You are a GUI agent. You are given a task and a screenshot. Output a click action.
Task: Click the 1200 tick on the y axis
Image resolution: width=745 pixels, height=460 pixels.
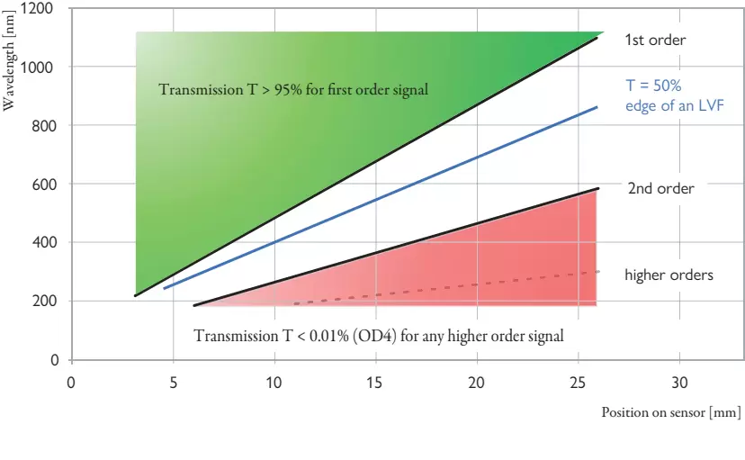tap(39, 9)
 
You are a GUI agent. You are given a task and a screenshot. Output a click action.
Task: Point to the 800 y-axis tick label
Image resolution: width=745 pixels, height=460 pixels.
tap(43, 126)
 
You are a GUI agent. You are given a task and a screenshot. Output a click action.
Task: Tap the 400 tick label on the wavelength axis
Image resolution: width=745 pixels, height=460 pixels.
tap(43, 243)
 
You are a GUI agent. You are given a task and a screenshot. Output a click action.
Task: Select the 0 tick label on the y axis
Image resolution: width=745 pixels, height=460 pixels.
tap(54, 360)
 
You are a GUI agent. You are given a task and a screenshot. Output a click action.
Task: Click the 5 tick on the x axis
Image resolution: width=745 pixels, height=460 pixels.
tap(173, 383)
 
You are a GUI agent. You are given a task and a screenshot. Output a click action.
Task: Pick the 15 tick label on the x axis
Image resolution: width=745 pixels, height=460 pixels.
tap(375, 383)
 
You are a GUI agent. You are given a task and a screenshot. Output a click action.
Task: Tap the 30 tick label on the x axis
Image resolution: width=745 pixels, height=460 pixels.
tap(680, 383)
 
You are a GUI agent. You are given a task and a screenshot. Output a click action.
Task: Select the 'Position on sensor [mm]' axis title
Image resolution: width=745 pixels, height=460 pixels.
tap(671, 412)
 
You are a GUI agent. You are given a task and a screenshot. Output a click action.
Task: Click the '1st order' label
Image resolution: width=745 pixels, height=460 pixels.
tap(655, 41)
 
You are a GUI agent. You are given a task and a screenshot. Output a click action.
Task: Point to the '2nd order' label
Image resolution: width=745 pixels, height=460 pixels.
tap(660, 189)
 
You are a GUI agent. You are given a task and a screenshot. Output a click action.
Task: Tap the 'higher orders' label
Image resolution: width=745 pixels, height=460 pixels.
tap(669, 275)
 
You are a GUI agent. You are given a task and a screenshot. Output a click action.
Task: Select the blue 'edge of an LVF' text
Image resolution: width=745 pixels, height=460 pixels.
tap(675, 105)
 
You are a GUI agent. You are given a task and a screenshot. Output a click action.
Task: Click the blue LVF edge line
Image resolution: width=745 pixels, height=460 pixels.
tap(378, 197)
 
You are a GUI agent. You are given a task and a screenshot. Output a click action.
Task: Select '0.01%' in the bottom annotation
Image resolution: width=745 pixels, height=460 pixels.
tap(328, 336)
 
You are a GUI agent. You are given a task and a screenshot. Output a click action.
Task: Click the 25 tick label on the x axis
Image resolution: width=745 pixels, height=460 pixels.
tap(579, 383)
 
